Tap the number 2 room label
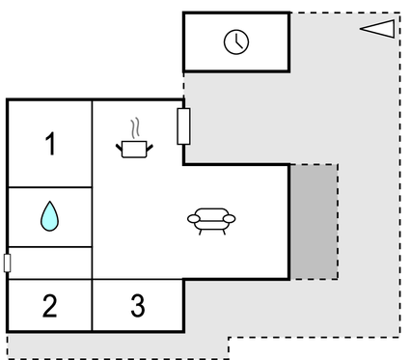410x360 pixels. click(50, 307)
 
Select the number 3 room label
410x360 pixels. click(138, 307)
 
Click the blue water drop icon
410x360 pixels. click(50, 216)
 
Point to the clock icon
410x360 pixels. click(236, 42)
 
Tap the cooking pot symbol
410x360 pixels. click(136, 149)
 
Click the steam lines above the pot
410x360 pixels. click(137, 128)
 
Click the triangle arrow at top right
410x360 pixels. click(378, 29)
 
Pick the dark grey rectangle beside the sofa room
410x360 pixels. click(314, 221)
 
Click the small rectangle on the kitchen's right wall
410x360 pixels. click(183, 126)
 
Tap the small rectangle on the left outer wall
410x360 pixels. click(8, 263)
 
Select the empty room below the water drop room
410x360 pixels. click(50, 263)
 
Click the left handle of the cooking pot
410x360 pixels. click(120, 146)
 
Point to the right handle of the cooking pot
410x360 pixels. click(151, 146)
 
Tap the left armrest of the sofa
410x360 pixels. click(191, 220)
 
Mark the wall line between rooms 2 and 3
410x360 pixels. click(93, 307)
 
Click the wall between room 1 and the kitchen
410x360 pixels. click(93, 145)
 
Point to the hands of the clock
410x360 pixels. click(237, 42)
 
